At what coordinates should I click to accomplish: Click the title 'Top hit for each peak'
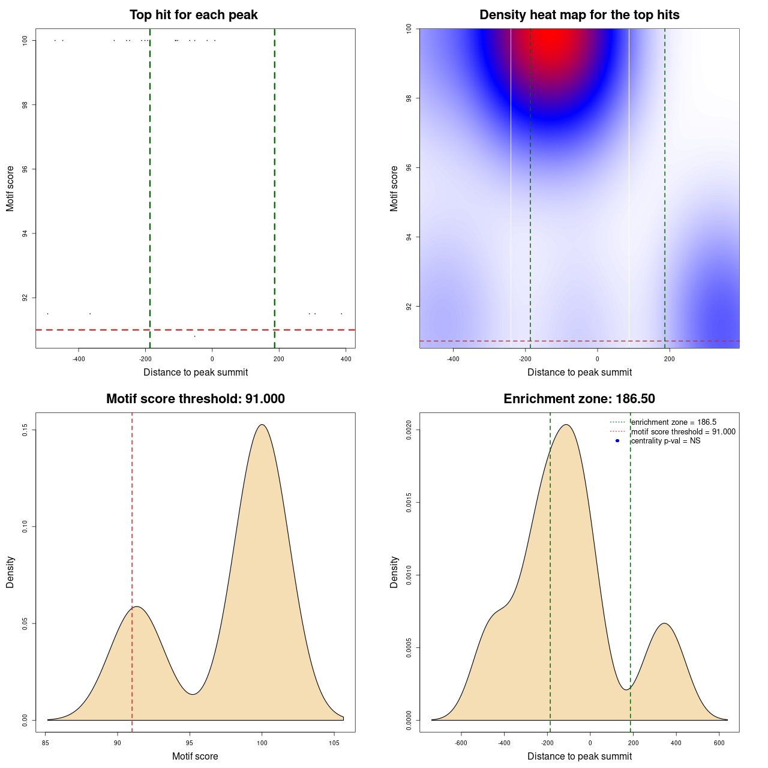[193, 15]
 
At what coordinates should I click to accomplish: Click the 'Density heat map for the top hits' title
[579, 15]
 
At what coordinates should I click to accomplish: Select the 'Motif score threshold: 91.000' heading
[195, 399]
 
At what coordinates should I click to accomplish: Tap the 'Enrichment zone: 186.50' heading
[579, 399]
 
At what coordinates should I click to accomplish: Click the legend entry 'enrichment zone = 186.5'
[673, 422]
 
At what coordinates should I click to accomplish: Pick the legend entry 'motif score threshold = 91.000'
[683, 432]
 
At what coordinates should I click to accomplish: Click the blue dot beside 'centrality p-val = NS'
[617, 441]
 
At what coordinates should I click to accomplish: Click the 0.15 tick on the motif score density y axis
[25, 430]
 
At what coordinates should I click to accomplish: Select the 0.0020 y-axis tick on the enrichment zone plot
[409, 430]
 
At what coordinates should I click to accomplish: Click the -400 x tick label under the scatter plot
[79, 359]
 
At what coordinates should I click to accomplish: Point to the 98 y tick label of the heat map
[409, 98]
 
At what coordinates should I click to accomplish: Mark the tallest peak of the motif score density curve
[262, 425]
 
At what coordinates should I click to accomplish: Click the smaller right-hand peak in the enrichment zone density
[664, 624]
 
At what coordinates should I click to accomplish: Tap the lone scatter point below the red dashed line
[194, 336]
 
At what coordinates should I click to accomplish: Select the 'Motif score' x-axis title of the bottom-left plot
[195, 757]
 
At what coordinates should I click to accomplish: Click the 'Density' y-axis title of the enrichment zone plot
[394, 572]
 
